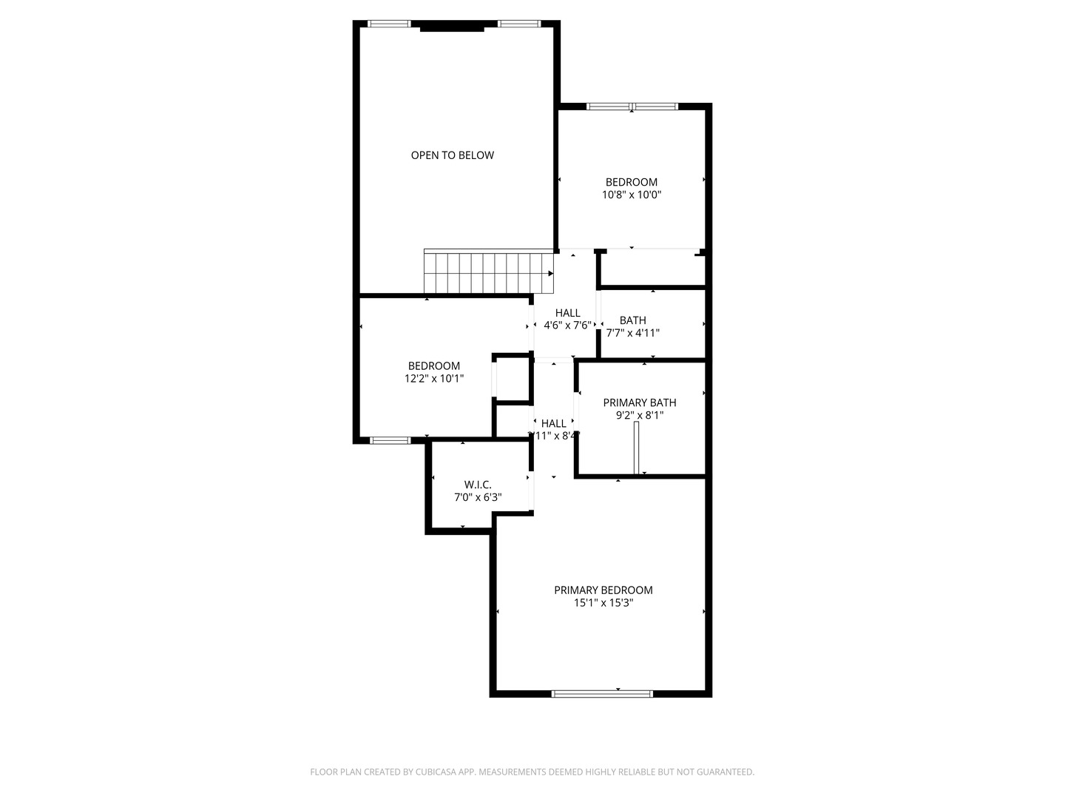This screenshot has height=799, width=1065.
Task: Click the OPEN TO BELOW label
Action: click(452, 155)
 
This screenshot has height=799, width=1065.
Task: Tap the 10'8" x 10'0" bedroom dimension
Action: click(631, 195)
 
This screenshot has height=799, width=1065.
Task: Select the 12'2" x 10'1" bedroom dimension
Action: click(434, 379)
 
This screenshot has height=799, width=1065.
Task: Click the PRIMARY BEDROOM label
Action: click(603, 590)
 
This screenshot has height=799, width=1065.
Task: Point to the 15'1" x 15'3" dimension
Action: click(603, 603)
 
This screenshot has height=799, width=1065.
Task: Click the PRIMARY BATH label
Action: click(639, 403)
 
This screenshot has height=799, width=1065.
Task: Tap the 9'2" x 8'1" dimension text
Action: click(639, 416)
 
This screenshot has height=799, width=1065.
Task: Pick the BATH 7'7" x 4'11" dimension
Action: click(632, 333)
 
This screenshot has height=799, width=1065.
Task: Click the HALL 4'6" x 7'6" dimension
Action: click(567, 326)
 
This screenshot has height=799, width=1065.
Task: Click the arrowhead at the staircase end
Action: click(550, 273)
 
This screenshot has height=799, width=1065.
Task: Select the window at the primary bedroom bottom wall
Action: click(602, 694)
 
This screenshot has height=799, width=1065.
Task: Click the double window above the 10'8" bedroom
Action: click(632, 107)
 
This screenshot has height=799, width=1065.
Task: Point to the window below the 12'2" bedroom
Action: click(390, 441)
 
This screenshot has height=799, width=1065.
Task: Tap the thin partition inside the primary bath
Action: click(636, 448)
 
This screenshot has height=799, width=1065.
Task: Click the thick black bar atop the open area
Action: click(452, 29)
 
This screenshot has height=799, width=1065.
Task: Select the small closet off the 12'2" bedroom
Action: click(512, 380)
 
